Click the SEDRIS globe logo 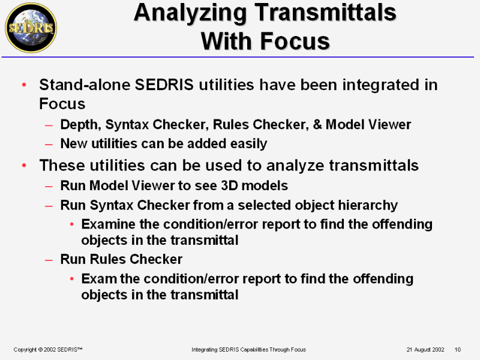click(31, 28)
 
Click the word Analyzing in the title click(190, 13)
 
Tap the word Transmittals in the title click(325, 12)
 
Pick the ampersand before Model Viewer click(317, 124)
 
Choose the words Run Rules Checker click(121, 259)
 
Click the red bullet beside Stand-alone click(24, 85)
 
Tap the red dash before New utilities click(49, 144)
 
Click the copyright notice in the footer click(48, 349)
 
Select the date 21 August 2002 click(425, 349)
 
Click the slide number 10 click(457, 349)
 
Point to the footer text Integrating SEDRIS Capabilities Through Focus click(248, 349)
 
